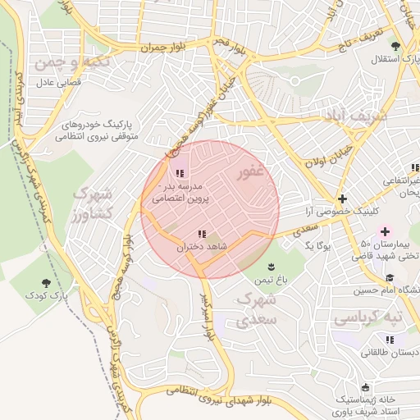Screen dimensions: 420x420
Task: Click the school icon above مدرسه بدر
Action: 180,173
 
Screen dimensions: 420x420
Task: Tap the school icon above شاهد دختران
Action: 202,235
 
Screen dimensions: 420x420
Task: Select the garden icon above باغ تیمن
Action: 271,266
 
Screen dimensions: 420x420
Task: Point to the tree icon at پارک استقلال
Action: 396,46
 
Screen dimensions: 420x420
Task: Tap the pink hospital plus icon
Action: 385,231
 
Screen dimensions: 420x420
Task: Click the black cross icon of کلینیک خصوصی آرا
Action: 342,199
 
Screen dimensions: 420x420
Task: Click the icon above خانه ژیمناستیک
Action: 364,386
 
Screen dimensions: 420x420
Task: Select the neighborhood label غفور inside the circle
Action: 250,174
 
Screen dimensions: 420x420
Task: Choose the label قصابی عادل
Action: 56,83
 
